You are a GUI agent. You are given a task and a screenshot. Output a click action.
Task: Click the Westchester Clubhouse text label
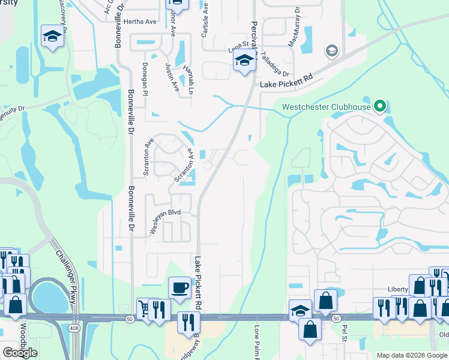tap(326, 108)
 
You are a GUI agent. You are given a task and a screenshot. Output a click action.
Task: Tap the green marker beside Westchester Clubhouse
tap(379, 107)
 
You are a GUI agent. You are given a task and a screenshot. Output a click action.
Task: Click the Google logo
tap(20, 352)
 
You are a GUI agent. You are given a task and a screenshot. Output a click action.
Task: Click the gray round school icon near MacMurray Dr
tap(331, 51)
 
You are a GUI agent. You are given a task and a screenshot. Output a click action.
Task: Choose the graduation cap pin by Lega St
tap(244, 61)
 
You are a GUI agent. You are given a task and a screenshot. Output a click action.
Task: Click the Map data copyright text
tap(412, 355)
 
